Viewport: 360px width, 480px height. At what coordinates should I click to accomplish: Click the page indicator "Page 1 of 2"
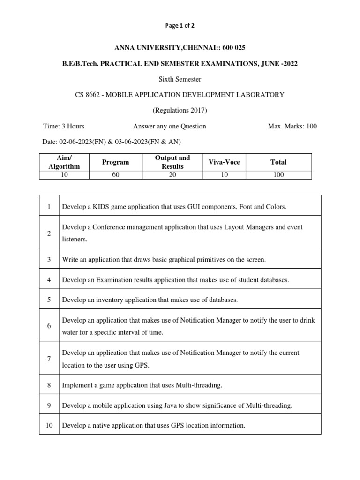(x=180, y=26)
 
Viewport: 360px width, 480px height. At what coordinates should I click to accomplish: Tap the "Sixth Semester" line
(x=180, y=79)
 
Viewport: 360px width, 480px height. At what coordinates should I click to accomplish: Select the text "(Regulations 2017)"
(x=180, y=111)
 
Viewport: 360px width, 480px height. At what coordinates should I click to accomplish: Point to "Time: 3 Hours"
(x=64, y=126)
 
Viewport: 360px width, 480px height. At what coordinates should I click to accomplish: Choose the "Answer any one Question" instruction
(x=170, y=126)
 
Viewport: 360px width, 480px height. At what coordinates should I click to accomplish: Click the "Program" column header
(x=115, y=162)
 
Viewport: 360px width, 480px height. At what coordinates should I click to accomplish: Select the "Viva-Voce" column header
(x=224, y=162)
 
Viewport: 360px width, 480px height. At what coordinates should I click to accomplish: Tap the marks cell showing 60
(x=115, y=175)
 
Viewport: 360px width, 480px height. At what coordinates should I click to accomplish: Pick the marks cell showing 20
(x=172, y=175)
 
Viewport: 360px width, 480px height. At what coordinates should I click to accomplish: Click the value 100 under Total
(x=278, y=175)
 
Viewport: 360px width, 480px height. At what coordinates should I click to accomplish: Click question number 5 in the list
(x=49, y=300)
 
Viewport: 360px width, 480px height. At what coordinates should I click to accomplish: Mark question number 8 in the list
(x=49, y=385)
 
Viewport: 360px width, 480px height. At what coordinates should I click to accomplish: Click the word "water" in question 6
(x=70, y=332)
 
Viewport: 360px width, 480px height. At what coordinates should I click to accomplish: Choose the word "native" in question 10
(x=104, y=426)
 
